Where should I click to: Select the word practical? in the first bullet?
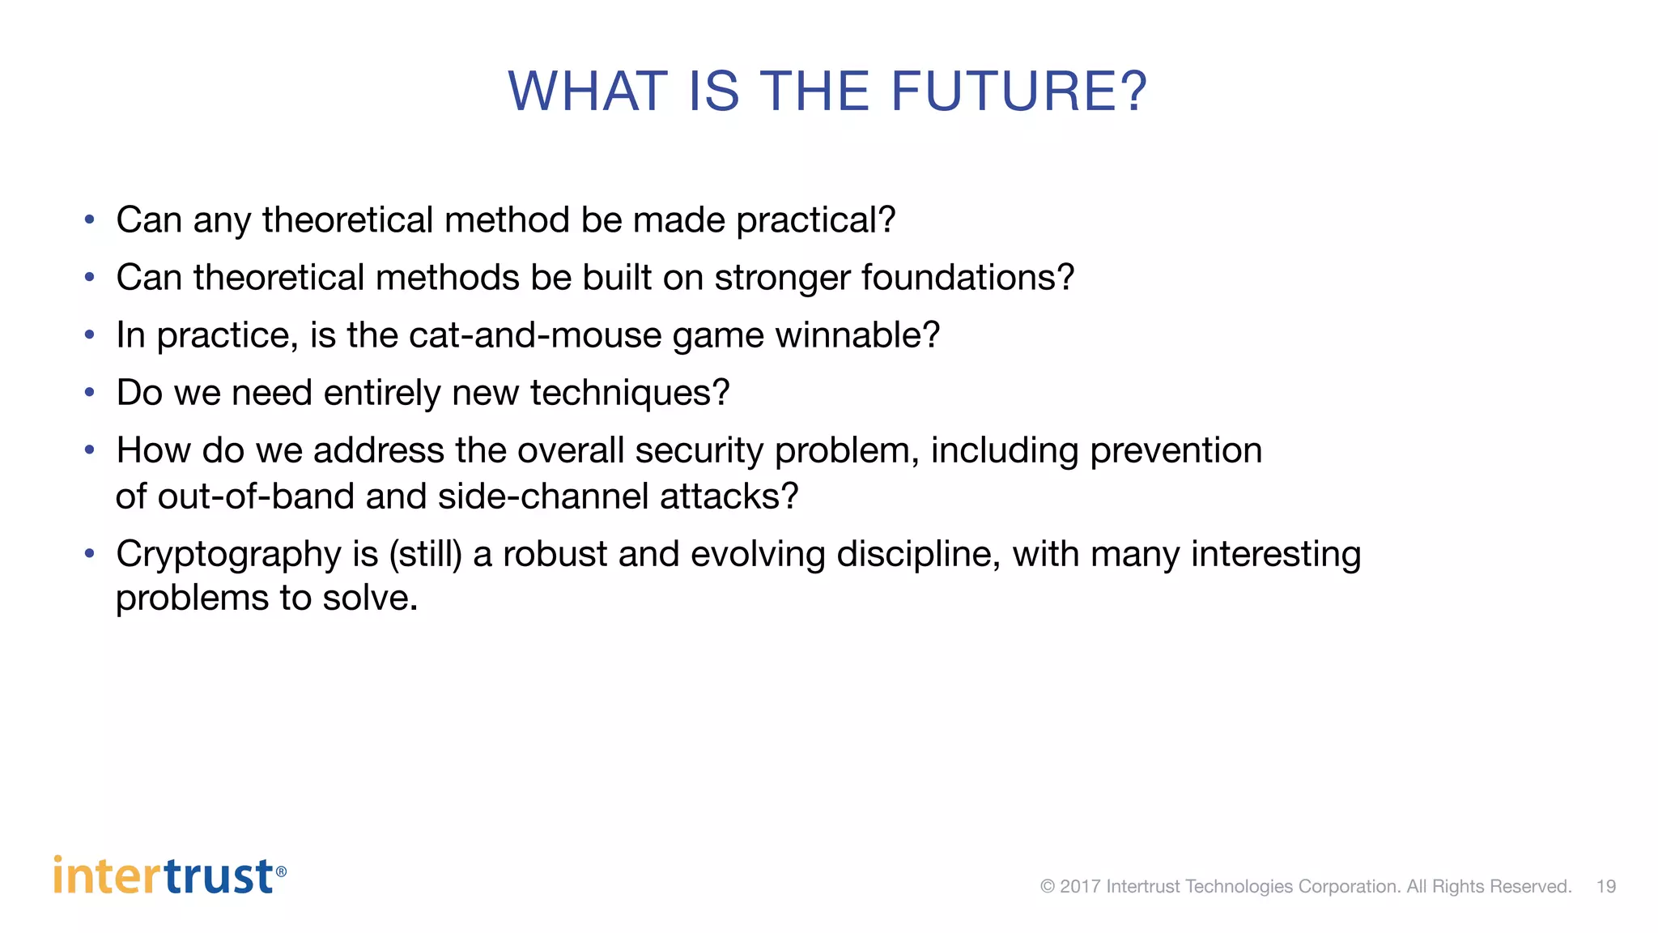point(815,220)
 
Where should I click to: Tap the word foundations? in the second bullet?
point(967,278)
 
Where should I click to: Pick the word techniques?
point(630,393)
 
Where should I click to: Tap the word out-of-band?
point(256,496)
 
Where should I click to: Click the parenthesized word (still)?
point(425,555)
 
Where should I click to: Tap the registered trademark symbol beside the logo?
point(281,871)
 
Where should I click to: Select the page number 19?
point(1606,887)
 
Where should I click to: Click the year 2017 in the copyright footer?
point(1080,887)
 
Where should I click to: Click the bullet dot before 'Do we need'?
point(90,393)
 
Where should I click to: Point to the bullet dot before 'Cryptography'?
point(90,554)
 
